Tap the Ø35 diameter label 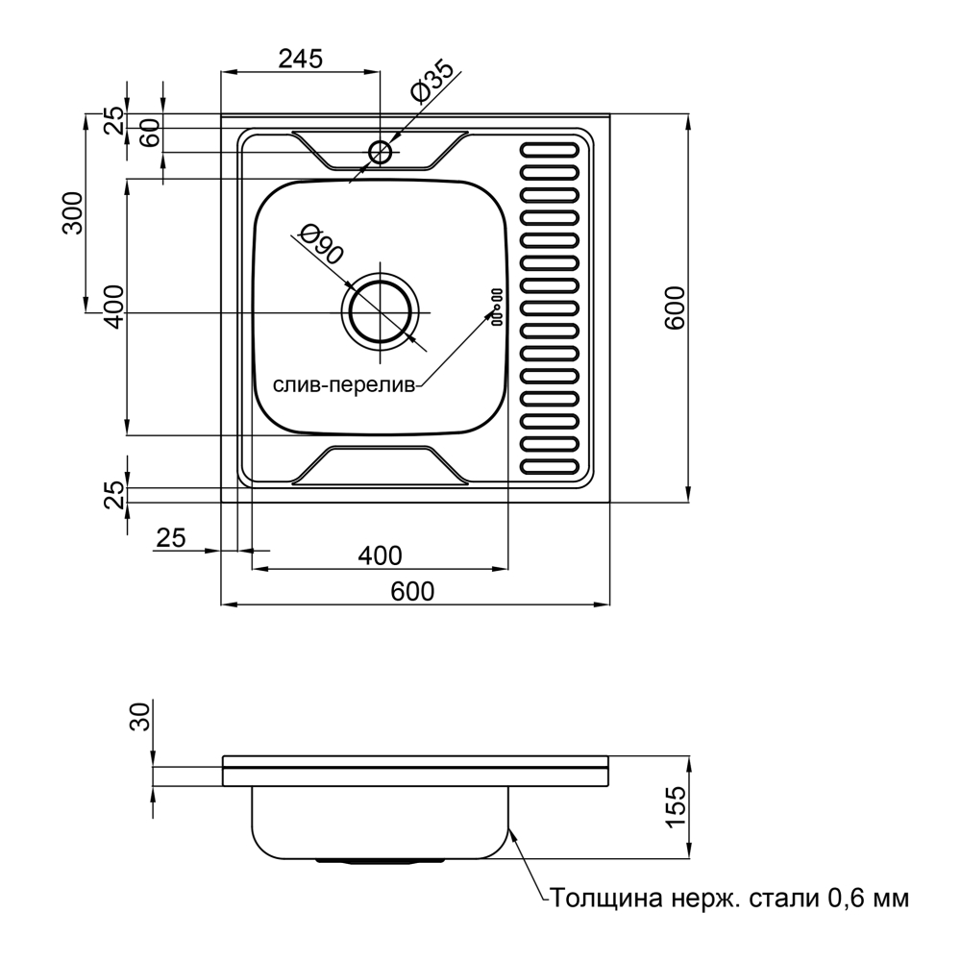[431, 84]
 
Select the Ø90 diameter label [320, 244]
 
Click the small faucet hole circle [380, 152]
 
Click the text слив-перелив [344, 386]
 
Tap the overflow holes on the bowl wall [497, 308]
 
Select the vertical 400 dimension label [113, 307]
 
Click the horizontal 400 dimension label [379, 554]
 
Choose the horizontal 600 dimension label [412, 592]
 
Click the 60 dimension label [149, 135]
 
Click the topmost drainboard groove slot [551, 151]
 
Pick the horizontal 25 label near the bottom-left [170, 538]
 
